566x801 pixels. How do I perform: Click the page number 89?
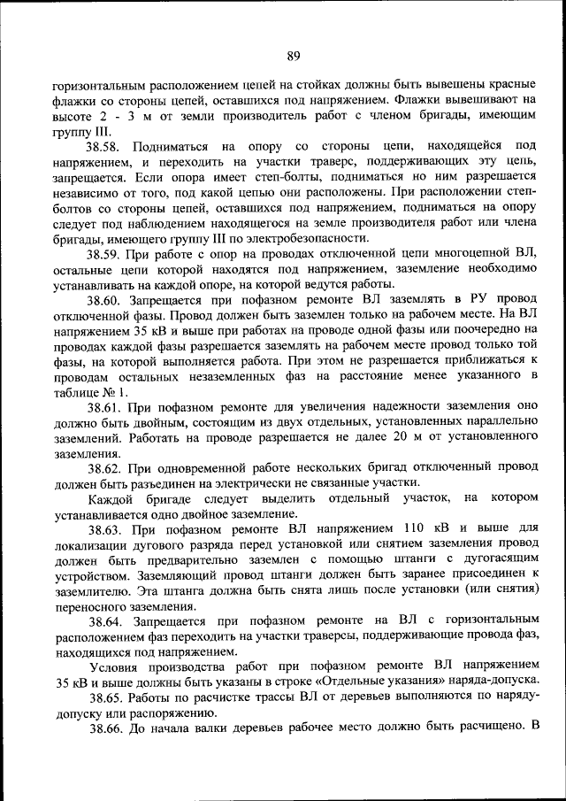coord(294,58)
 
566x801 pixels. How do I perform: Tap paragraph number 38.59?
coord(107,254)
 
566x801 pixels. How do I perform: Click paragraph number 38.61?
coord(107,409)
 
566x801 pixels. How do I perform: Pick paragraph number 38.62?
coord(107,467)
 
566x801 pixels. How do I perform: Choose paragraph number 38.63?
coord(107,529)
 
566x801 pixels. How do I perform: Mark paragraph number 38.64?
coord(107,622)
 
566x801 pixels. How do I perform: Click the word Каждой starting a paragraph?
coord(108,498)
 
